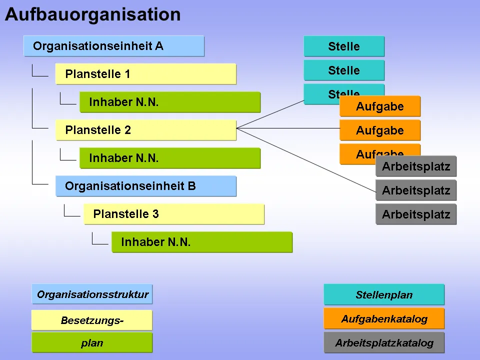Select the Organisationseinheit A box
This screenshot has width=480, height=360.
[113, 46]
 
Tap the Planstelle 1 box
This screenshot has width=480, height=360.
[145, 74]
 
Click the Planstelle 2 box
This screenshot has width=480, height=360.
[145, 130]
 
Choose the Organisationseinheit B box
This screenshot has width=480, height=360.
[145, 186]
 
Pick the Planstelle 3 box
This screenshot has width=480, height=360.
[173, 214]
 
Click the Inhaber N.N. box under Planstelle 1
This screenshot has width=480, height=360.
[169, 102]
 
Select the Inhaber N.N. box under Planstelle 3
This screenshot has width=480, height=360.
[201, 242]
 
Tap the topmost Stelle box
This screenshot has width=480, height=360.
[344, 46]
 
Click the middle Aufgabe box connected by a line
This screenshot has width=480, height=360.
[380, 130]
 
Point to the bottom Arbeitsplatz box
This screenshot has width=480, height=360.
[416, 214]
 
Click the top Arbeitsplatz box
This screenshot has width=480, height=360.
[416, 166]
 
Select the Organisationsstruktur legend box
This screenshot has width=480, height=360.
[92, 294]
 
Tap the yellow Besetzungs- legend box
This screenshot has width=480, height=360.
[92, 320]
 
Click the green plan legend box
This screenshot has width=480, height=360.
[92, 343]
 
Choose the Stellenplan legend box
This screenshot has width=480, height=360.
[384, 294]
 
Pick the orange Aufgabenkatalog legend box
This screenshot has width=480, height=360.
[384, 318]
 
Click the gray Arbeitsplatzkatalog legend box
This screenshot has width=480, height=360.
[384, 343]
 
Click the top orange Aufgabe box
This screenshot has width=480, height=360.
[380, 106]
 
